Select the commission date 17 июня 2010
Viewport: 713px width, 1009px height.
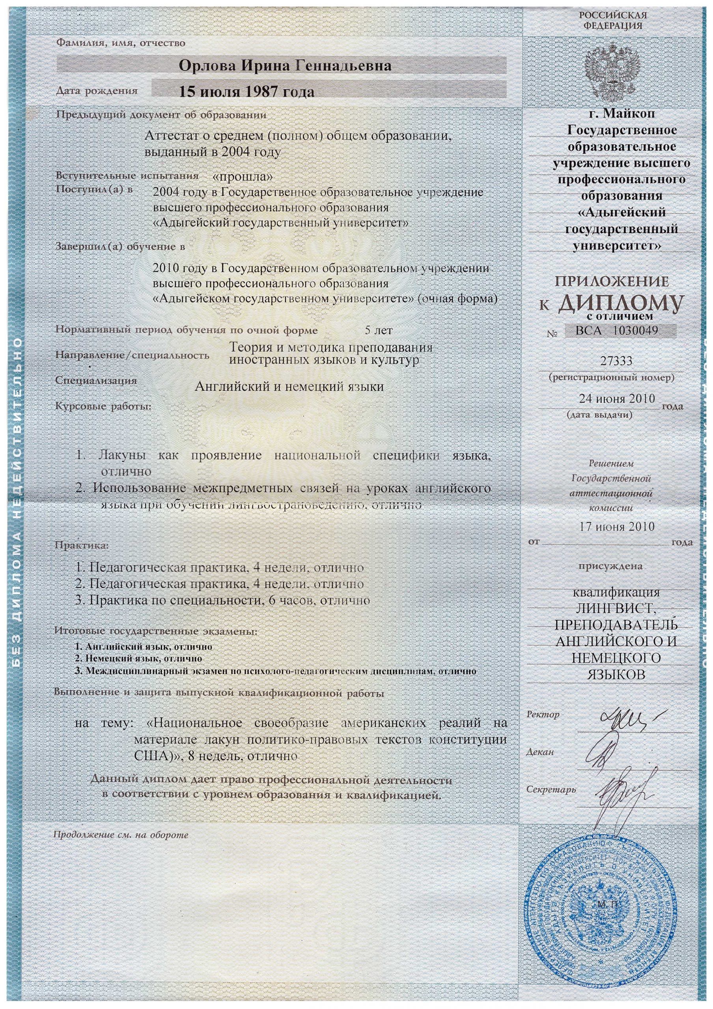[617, 527]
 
